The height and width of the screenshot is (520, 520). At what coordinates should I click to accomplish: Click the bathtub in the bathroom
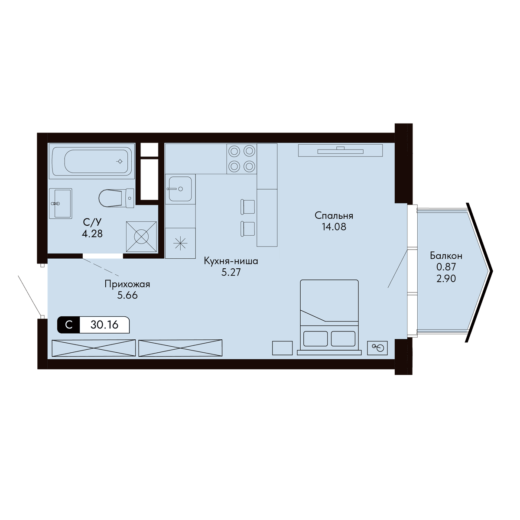click(93, 161)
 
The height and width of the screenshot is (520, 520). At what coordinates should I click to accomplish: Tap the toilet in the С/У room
click(116, 198)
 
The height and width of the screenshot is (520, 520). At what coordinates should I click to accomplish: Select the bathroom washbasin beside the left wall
click(60, 204)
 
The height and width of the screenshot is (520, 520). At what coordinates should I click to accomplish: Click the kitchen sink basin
click(180, 189)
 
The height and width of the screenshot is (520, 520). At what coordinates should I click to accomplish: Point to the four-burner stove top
click(242, 159)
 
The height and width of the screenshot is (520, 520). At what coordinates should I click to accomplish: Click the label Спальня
click(334, 216)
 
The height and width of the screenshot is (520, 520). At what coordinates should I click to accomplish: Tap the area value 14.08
click(334, 227)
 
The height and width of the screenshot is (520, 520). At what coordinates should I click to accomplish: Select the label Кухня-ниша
click(231, 261)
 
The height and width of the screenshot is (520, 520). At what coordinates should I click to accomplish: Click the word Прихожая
click(127, 284)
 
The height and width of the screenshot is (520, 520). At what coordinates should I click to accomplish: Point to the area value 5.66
click(127, 296)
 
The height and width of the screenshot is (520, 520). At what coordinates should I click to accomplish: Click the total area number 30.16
click(104, 325)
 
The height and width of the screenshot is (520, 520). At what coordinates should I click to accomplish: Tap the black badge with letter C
click(68, 325)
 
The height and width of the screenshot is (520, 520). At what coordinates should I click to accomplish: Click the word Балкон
click(446, 256)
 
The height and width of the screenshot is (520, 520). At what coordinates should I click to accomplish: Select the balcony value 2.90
click(446, 278)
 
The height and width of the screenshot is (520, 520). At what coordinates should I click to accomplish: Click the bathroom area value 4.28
click(92, 234)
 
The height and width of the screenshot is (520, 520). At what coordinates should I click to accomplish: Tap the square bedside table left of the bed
click(282, 348)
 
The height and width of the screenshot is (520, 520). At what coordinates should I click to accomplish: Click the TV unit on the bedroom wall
click(340, 150)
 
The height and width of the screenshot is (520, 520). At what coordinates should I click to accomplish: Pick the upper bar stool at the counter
click(248, 206)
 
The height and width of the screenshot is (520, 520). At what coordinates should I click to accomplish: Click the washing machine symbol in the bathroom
click(141, 237)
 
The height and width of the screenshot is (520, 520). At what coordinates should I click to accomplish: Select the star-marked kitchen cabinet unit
click(180, 243)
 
